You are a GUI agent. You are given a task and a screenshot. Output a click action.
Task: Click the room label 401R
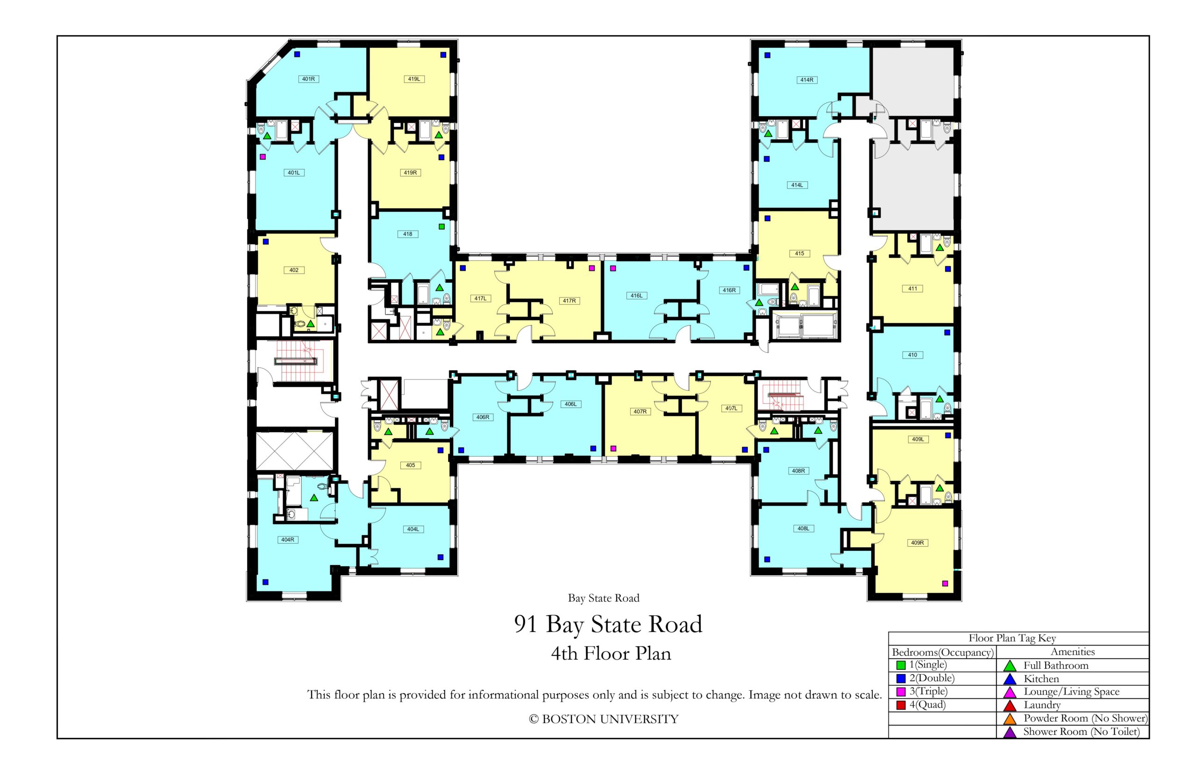[308, 79]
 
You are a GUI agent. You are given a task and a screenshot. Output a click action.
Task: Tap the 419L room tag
[413, 79]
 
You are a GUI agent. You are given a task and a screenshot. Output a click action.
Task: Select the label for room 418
[407, 234]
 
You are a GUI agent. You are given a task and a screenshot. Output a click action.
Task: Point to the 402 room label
[294, 270]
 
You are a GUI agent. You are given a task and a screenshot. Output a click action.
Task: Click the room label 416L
[636, 295]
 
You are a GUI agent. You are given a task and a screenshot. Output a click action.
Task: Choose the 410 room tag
[912, 355]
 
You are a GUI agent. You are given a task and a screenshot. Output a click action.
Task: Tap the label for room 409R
[917, 542]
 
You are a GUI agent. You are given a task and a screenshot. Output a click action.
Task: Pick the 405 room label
[410, 465]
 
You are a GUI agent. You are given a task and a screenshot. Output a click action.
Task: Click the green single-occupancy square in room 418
[441, 226]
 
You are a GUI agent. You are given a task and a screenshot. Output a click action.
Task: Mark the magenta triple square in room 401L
[262, 157]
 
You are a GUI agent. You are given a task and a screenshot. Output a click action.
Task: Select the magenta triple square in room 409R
[945, 583]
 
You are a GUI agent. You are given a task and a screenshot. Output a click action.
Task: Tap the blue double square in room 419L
[443, 55]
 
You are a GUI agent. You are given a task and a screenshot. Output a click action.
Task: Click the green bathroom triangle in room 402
[310, 324]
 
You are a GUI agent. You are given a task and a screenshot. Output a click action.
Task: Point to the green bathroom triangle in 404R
[314, 498]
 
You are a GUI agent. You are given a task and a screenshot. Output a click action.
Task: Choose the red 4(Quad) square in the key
[901, 705]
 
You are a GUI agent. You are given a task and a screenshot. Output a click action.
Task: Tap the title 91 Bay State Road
[608, 624]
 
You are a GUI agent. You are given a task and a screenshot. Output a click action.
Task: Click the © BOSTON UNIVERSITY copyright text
[603, 719]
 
